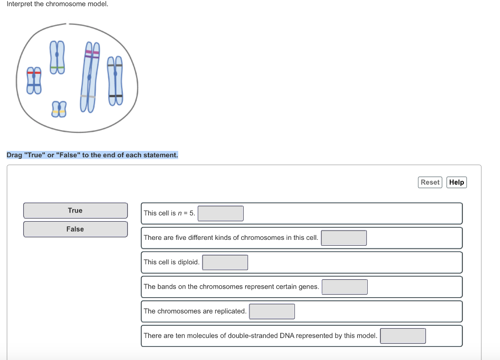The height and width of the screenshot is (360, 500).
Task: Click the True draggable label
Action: (75, 211)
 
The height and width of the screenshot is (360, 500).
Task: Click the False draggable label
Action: (75, 229)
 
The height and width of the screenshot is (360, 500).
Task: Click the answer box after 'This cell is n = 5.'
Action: (221, 213)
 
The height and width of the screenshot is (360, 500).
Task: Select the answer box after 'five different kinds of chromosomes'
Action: (344, 238)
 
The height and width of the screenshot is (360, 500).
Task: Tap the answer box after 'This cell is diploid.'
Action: (225, 262)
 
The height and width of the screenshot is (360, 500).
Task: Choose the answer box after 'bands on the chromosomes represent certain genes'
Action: (344, 287)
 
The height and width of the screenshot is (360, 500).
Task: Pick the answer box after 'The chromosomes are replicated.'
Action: (272, 311)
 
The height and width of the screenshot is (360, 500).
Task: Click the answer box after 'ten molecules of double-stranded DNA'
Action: (403, 336)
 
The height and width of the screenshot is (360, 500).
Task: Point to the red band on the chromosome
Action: (34, 72)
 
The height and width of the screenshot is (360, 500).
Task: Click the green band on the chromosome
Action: (57, 67)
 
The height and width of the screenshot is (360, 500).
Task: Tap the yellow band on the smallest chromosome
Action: (59, 112)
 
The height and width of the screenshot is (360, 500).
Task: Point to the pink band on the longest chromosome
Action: (92, 52)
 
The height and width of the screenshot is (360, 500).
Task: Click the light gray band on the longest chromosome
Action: (88, 97)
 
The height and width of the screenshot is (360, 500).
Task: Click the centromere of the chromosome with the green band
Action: (57, 54)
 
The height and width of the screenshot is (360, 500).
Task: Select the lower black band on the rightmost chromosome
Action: (115, 96)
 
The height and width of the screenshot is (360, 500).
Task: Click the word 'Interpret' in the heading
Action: (19, 4)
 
